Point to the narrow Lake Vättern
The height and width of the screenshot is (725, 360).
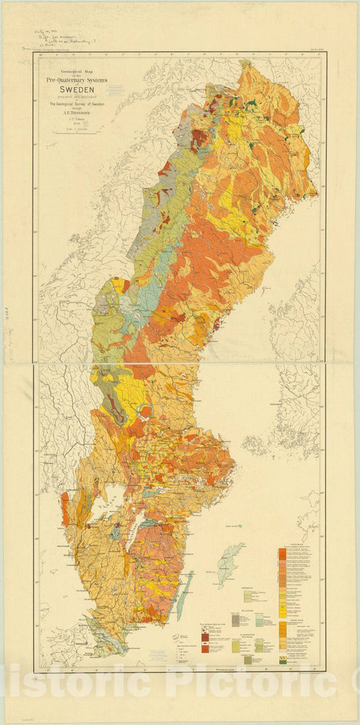tap(134, 524)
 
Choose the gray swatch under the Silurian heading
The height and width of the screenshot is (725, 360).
tap(236, 620)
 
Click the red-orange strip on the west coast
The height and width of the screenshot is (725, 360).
tap(66, 507)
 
